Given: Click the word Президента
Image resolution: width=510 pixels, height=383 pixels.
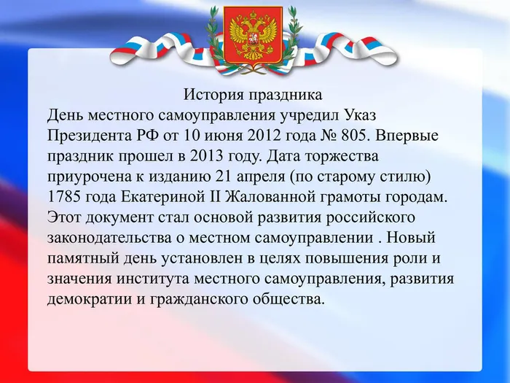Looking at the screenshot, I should tap(85, 136).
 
